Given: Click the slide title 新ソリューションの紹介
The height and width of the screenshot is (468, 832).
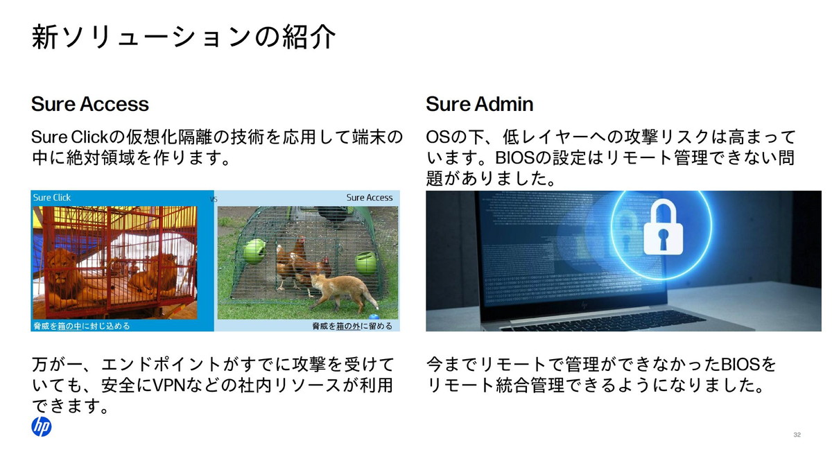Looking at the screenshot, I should click(184, 37).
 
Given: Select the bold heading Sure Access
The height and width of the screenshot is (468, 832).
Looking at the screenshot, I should click(90, 104).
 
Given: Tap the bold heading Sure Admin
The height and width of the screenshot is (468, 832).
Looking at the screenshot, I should click(480, 104).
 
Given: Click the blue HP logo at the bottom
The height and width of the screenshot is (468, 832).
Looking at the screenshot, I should click(42, 427).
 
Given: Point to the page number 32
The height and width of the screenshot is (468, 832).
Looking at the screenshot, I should click(797, 435).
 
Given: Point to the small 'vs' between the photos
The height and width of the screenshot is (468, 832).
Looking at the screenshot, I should click(214, 199).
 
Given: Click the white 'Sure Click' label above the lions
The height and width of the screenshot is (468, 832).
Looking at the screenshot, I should click(52, 198).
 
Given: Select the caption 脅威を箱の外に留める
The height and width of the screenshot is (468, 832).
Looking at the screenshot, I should click(352, 326).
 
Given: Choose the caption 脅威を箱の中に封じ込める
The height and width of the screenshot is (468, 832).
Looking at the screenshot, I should click(81, 326).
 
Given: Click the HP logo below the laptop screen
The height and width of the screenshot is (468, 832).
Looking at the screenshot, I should click(585, 303).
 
